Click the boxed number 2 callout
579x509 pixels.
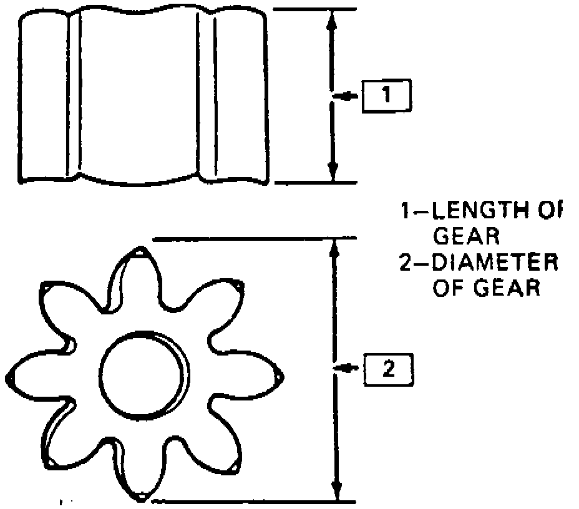pyautogui.click(x=387, y=369)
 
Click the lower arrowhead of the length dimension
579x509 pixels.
pyautogui.click(x=333, y=171)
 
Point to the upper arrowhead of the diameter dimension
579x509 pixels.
pyautogui.click(x=335, y=249)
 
